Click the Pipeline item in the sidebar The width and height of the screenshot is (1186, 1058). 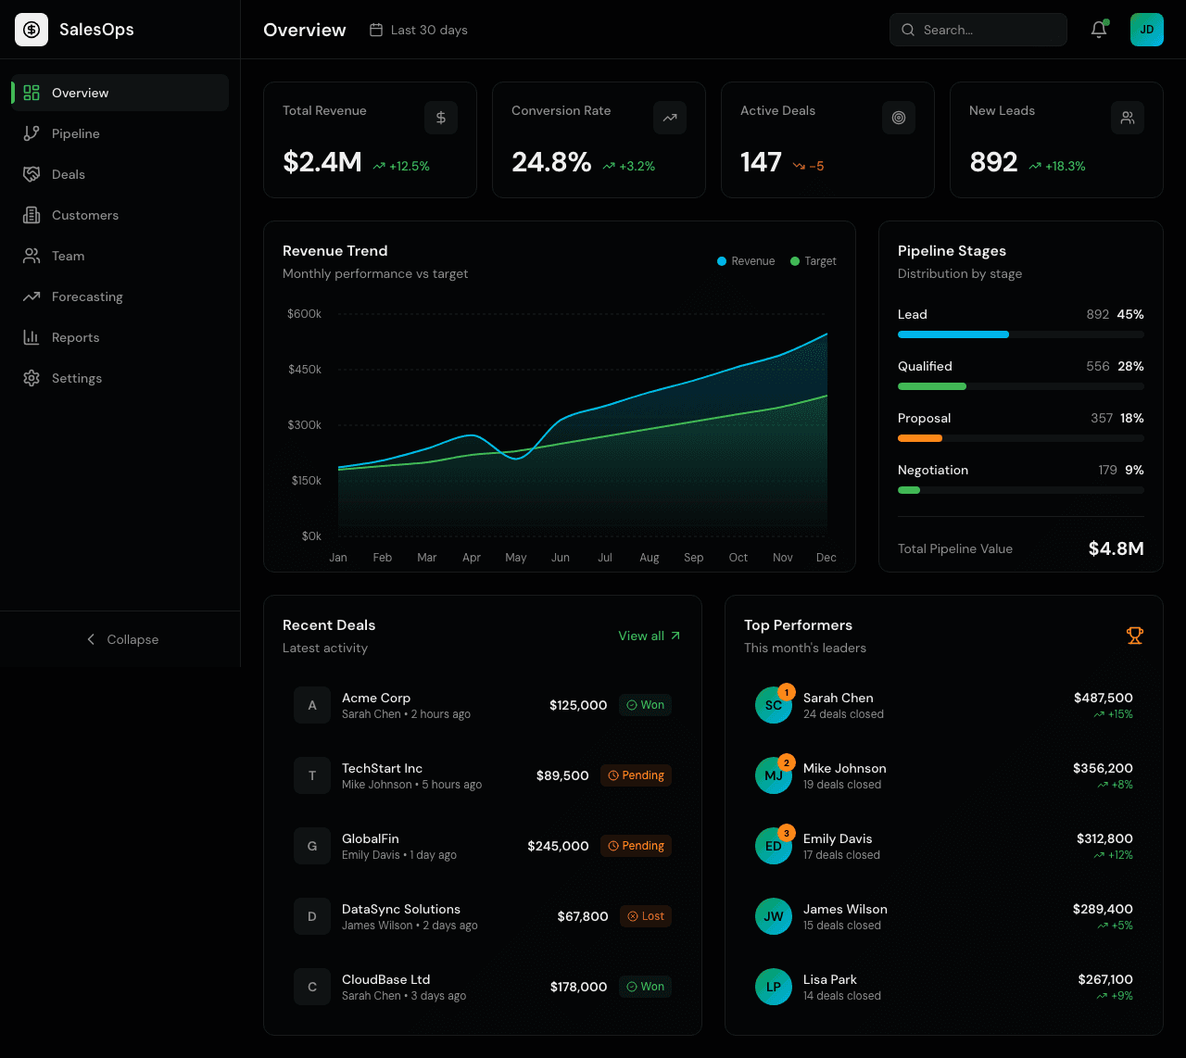(x=75, y=133)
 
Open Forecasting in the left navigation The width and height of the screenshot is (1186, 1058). (x=87, y=296)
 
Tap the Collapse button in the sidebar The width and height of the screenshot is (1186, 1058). (x=121, y=639)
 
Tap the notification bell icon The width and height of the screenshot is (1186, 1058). (x=1099, y=30)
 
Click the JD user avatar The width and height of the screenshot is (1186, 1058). (x=1146, y=30)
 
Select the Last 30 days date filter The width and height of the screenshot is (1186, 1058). (x=419, y=30)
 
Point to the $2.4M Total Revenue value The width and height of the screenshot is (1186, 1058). (x=322, y=162)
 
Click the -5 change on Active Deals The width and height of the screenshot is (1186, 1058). (x=809, y=166)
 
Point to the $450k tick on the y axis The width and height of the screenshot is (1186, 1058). (x=305, y=369)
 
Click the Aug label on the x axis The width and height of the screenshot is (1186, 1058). (x=649, y=558)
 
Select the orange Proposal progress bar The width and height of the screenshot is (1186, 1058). (x=920, y=438)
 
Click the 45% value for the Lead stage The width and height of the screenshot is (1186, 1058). (x=1129, y=314)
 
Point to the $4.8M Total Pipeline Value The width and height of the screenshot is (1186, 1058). (x=1116, y=548)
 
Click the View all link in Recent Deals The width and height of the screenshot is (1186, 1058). (x=649, y=636)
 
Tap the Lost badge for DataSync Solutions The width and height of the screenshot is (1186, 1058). (x=646, y=916)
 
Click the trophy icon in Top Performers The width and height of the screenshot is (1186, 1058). (x=1134, y=636)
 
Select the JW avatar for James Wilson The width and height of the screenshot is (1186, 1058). (x=773, y=916)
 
